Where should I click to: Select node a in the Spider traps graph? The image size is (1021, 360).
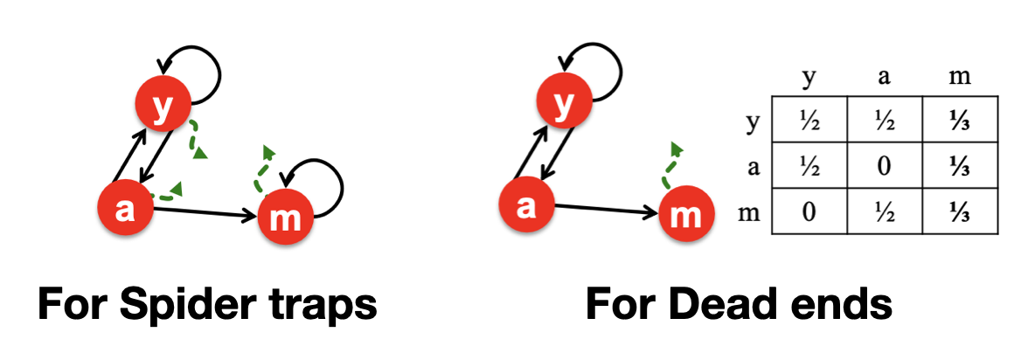(x=125, y=211)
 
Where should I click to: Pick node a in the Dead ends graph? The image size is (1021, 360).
(x=526, y=206)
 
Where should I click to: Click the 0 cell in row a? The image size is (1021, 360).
(x=884, y=167)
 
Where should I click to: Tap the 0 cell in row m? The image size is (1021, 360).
(x=809, y=212)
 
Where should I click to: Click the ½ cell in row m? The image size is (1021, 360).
(x=884, y=212)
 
